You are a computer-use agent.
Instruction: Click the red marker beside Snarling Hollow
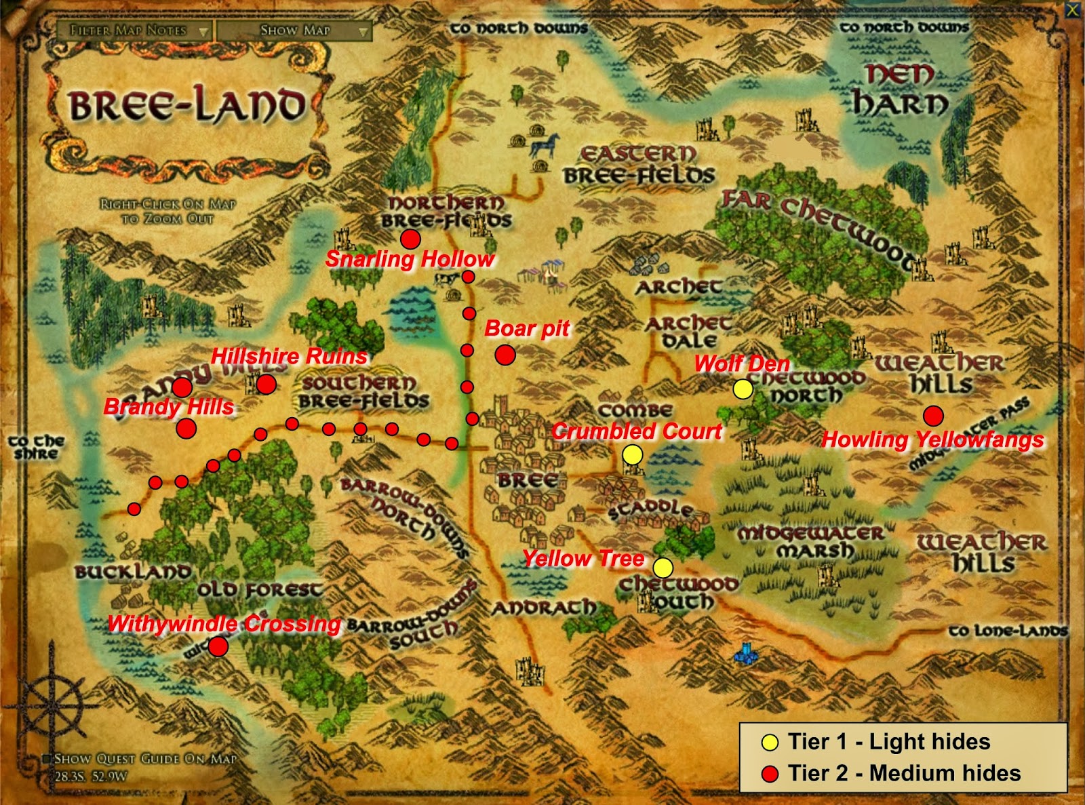tap(410, 239)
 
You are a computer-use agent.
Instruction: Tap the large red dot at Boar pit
tap(505, 355)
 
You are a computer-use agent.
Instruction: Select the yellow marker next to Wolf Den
tap(743, 389)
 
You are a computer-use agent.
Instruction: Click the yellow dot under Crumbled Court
tap(632, 455)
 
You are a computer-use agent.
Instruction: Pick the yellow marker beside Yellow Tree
tap(663, 567)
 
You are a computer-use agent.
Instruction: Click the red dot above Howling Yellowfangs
tap(933, 416)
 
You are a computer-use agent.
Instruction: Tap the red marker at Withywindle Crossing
tap(218, 646)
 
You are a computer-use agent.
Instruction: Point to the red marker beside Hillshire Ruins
tap(266, 385)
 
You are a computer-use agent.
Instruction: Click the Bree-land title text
tap(186, 106)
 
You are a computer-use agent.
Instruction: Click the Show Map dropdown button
tap(294, 31)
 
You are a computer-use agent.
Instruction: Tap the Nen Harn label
tap(900, 90)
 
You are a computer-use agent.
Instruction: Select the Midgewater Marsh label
tap(812, 541)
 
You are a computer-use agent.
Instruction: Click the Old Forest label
tap(260, 589)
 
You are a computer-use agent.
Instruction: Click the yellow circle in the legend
tap(770, 743)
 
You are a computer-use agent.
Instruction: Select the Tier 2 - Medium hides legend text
tap(904, 773)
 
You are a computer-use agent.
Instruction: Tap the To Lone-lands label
tap(1008, 631)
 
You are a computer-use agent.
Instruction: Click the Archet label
tap(678, 288)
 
